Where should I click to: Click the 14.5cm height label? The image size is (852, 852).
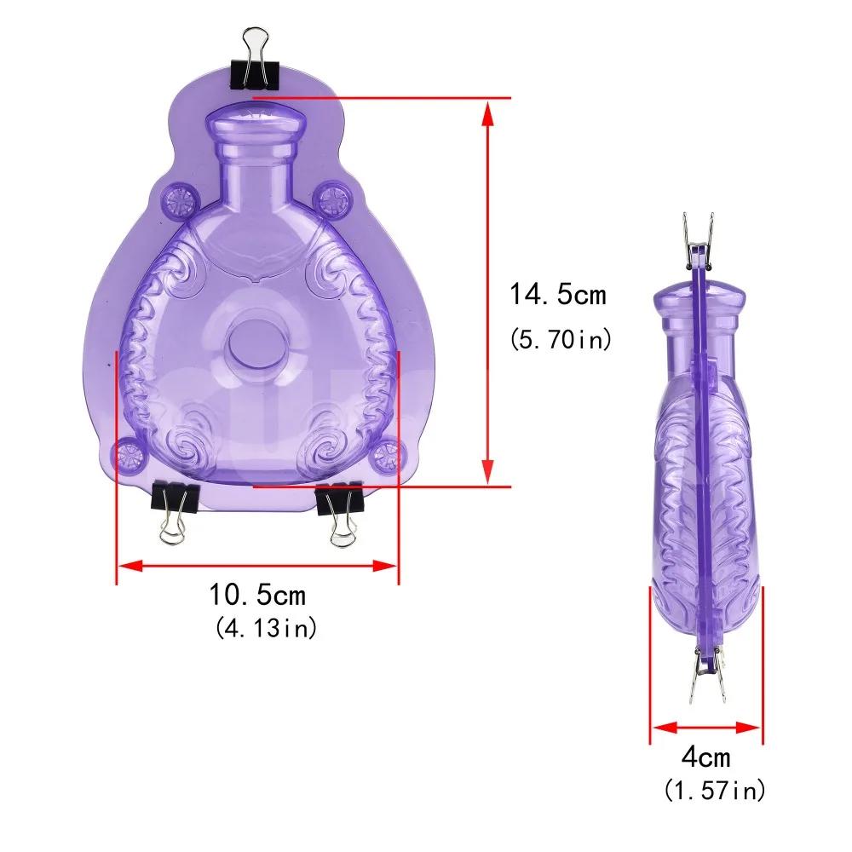557,295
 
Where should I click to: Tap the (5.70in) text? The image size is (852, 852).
561,340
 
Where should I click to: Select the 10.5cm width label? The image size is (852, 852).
257,595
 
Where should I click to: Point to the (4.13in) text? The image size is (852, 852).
266,628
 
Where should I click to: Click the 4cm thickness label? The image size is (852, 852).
706,757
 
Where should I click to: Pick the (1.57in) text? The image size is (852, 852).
715,790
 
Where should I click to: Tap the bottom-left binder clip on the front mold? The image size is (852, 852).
175,512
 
